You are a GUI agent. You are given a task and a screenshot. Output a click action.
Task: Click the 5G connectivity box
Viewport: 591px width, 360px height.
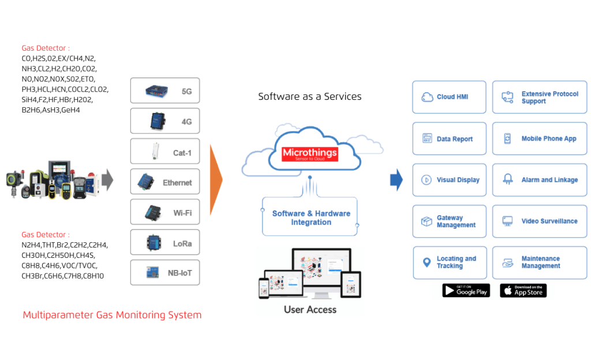[x=165, y=91]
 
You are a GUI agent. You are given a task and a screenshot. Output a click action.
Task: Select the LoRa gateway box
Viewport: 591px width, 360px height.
[x=165, y=243]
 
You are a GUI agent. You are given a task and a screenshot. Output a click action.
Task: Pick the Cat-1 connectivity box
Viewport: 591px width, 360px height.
[x=165, y=152]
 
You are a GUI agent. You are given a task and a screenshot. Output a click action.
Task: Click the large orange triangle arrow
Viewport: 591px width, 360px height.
[x=215, y=179]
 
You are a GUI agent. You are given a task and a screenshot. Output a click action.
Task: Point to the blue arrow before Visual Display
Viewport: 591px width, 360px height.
[x=397, y=179]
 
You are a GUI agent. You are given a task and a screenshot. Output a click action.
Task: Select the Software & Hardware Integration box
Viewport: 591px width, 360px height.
[x=311, y=217]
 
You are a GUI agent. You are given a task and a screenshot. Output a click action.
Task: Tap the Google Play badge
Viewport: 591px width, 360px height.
[x=466, y=290]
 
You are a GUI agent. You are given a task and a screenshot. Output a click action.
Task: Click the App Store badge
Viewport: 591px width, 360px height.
[x=523, y=290]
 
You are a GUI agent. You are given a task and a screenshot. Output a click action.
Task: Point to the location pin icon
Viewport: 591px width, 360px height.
[x=427, y=262]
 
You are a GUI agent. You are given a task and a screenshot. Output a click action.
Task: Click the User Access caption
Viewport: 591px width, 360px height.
[x=310, y=310]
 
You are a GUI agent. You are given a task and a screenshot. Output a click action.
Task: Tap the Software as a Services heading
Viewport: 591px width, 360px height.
[x=309, y=96]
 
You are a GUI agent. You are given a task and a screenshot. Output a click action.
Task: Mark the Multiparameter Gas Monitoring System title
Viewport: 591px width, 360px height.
[x=112, y=315]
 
